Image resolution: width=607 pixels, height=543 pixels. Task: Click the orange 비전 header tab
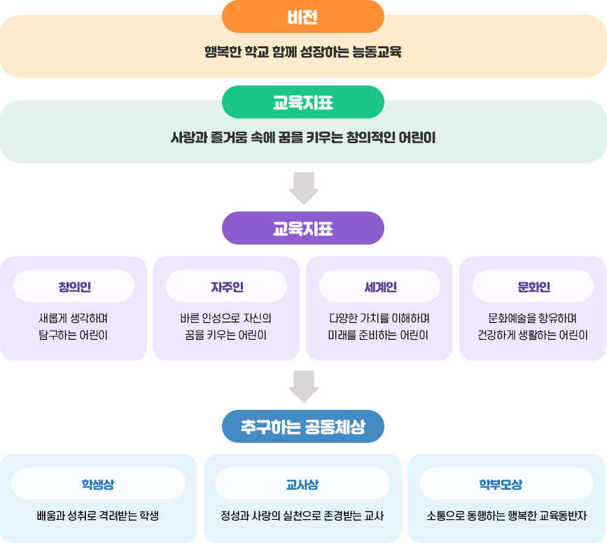coord(302,17)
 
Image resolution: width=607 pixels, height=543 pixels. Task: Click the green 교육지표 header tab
coord(302,102)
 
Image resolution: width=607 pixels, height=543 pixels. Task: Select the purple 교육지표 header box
coord(302,228)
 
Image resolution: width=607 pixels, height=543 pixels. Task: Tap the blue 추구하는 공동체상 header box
coord(302,427)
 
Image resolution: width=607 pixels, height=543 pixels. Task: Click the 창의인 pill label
coord(74,287)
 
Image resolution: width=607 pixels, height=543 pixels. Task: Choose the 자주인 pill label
coord(226,287)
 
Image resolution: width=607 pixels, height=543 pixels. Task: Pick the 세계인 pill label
coord(379,287)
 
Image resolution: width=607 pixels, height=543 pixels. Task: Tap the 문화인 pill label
coord(533,287)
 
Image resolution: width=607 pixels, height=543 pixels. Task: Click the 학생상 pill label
coord(98,483)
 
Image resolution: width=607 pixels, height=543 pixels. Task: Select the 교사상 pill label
coord(302,483)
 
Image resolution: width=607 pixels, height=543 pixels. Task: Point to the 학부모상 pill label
coord(506,483)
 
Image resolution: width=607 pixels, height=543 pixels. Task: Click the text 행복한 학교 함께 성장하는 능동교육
coord(302,53)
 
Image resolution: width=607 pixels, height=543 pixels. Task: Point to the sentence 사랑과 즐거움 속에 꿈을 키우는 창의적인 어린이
coord(302,137)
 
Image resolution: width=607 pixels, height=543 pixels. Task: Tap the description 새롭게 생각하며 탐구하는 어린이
coord(74,326)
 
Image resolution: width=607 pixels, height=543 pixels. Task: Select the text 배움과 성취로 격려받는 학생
coord(98,516)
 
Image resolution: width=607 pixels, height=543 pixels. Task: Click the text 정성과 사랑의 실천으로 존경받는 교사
coord(302,516)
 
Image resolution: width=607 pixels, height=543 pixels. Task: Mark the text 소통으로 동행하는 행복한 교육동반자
coord(506,516)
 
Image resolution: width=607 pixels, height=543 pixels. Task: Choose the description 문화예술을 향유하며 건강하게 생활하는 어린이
coord(533,326)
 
